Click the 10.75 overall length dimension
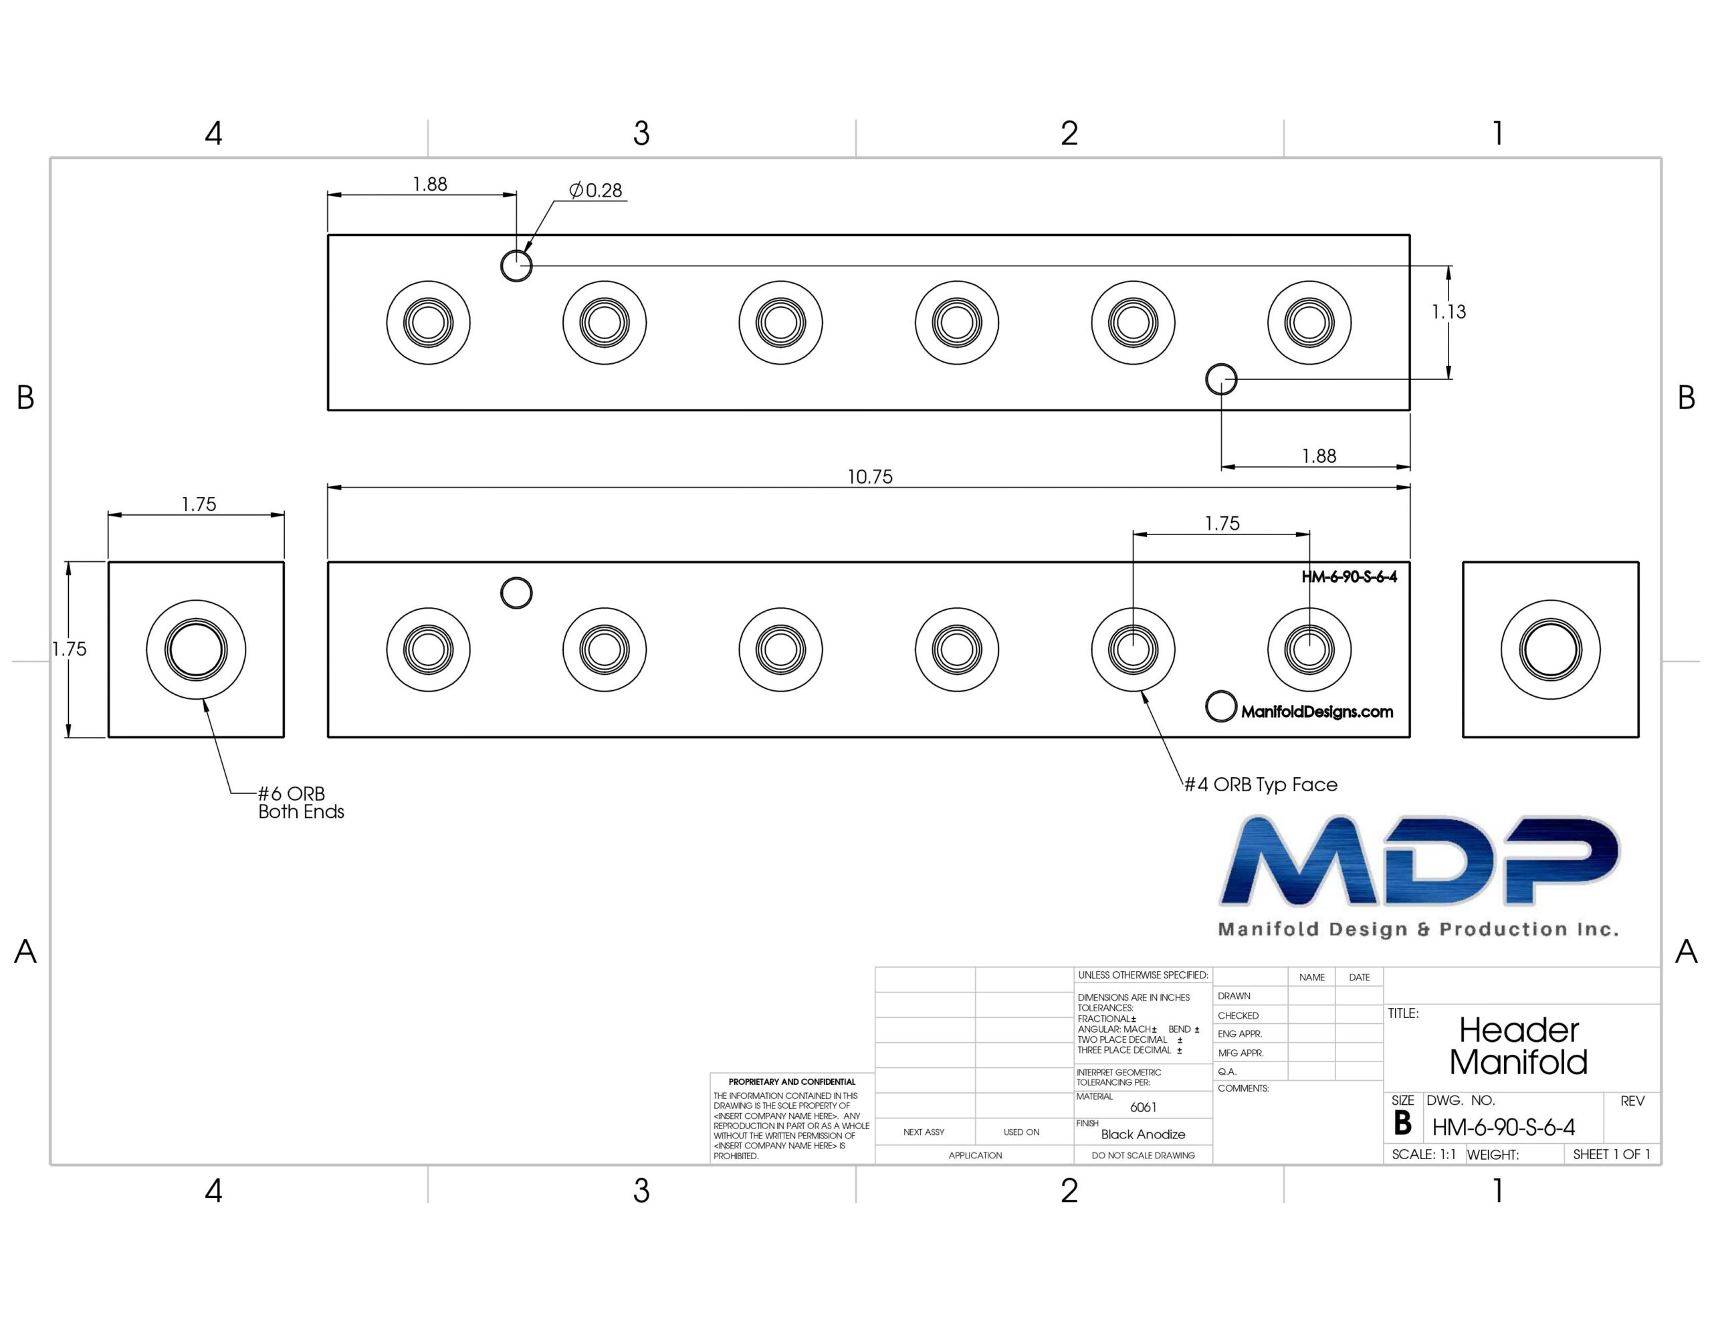point(869,477)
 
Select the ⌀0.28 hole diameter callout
point(596,190)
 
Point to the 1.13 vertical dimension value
point(1449,312)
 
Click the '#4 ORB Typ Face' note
point(1261,784)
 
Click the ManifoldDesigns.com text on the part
point(1317,712)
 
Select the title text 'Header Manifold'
point(1518,1046)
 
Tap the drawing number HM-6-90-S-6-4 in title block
point(1503,1127)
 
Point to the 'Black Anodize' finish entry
point(1143,1134)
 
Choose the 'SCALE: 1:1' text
point(1424,1154)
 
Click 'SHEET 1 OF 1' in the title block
point(1612,1154)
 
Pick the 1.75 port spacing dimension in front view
point(1222,524)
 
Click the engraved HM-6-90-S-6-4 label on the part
point(1349,577)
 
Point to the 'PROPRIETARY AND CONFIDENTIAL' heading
point(792,1082)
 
